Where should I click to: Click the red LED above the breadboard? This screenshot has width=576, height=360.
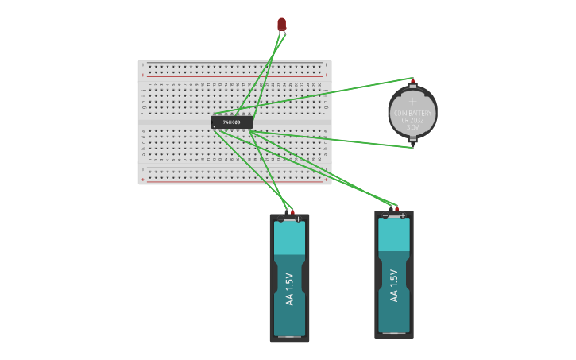281,25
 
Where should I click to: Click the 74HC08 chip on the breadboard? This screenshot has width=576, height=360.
231,122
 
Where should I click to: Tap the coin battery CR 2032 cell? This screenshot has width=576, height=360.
412,112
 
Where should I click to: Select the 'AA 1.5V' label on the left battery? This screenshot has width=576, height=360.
289,289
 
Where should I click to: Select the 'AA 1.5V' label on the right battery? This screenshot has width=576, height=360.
393,285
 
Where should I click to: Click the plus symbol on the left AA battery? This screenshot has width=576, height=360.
298,219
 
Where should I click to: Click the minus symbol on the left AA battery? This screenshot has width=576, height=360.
281,219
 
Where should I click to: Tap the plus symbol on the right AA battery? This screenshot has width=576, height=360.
402,215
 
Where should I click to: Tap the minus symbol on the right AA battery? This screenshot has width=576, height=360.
385,215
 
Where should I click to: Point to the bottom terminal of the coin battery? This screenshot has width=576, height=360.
412,144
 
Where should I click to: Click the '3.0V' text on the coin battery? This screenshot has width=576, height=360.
412,127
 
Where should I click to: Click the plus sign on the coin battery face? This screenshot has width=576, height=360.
412,101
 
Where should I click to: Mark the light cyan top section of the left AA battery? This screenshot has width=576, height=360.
289,238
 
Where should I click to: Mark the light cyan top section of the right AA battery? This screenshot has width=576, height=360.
394,234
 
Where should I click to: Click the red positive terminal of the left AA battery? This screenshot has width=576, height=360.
292,211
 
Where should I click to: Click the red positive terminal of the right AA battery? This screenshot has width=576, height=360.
396,208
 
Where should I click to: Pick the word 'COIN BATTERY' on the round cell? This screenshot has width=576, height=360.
412,113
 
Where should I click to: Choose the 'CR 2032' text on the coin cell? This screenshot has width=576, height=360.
412,120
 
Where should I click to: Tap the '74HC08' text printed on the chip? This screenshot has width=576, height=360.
231,122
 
